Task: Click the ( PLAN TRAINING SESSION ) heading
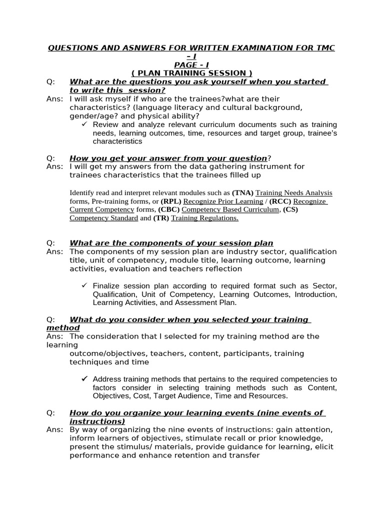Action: (192, 73)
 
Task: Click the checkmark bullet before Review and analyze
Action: (84, 124)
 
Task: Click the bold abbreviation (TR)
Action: (162, 218)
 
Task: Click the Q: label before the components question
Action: (50, 243)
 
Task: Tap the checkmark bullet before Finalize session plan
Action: (84, 285)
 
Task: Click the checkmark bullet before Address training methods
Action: (84, 379)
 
